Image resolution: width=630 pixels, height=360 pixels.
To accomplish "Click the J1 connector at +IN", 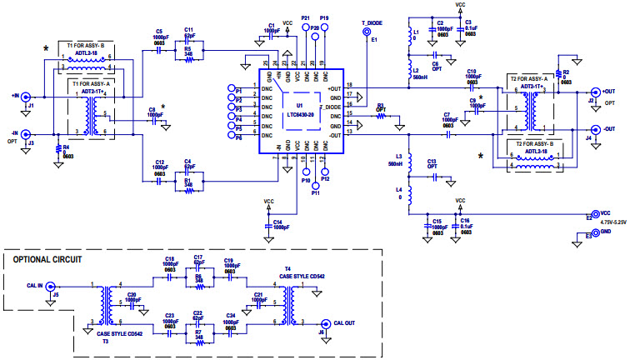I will click(26, 97).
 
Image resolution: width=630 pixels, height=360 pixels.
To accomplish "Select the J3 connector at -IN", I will click(26, 133).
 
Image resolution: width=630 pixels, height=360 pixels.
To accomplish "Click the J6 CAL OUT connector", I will click(325, 323).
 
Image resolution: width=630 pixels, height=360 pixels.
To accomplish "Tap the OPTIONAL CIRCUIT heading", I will click(47, 260).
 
